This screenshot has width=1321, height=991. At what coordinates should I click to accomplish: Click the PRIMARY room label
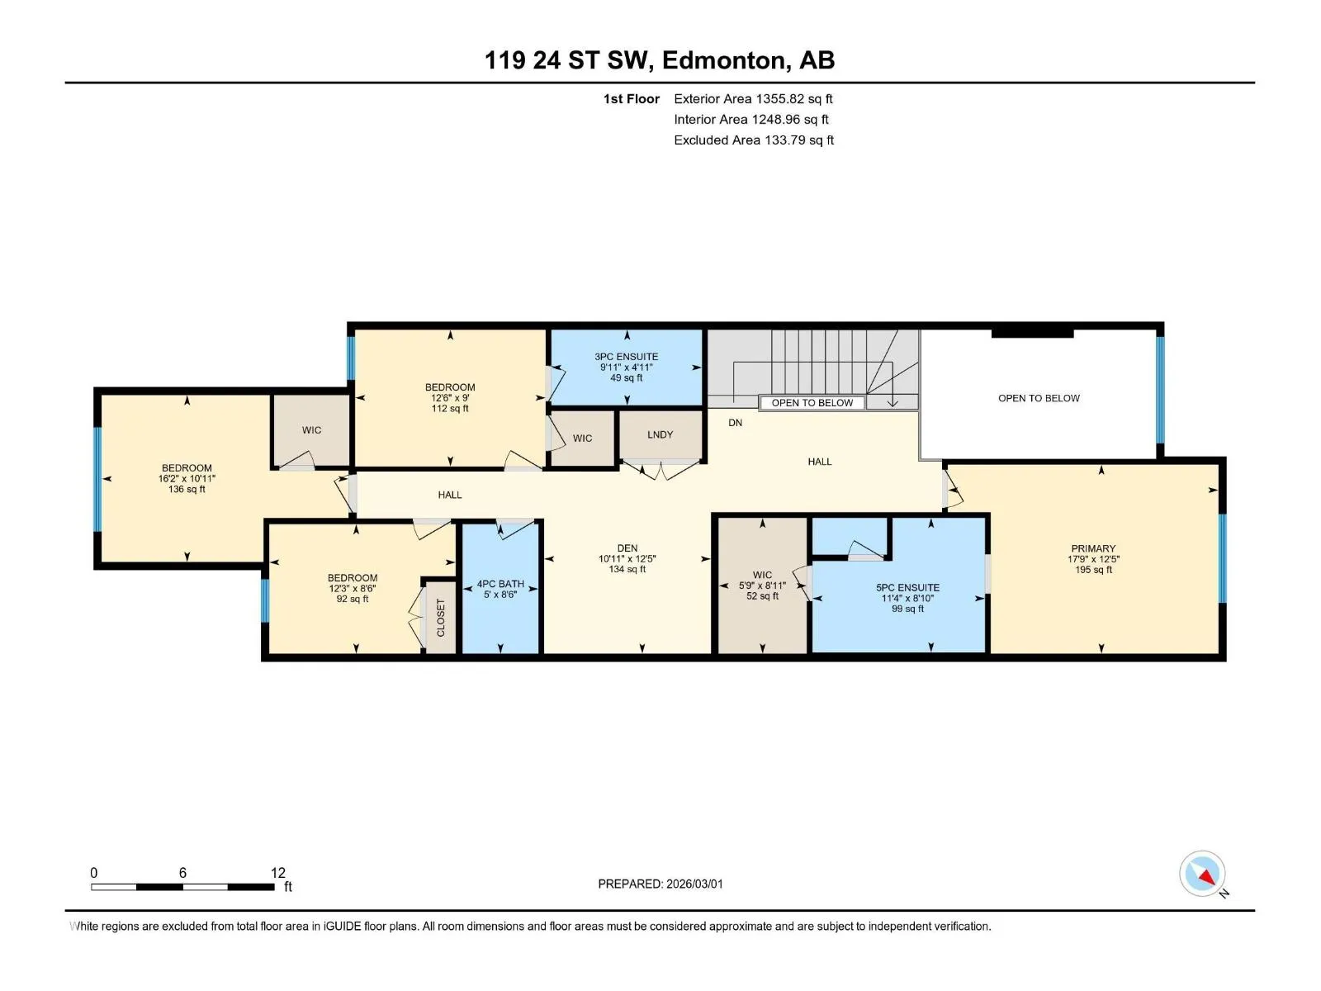(x=1093, y=548)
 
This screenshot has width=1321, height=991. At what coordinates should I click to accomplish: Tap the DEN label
(x=627, y=548)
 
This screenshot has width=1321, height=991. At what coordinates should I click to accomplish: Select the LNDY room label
(x=660, y=434)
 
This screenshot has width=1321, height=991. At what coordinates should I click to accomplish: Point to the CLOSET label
(x=441, y=618)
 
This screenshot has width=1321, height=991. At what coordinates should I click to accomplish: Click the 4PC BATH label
(x=500, y=584)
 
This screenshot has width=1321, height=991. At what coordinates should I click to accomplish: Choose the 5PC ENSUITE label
(x=907, y=587)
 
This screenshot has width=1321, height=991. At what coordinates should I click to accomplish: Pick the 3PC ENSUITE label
(x=626, y=356)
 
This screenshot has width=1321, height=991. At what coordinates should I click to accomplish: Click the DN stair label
(x=735, y=422)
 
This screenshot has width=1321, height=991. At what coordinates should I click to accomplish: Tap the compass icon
(x=1202, y=873)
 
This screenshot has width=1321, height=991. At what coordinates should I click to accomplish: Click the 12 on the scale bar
(x=277, y=872)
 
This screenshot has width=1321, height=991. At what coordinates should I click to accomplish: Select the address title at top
(x=660, y=60)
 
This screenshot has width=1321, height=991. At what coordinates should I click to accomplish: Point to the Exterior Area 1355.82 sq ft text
(x=753, y=98)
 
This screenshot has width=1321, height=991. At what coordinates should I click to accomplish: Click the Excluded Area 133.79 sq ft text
(x=754, y=140)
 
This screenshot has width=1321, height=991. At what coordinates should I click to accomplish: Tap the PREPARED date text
(x=660, y=884)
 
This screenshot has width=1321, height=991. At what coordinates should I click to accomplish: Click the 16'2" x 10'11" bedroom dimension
(x=187, y=478)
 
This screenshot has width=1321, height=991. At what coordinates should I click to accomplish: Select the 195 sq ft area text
(x=1093, y=569)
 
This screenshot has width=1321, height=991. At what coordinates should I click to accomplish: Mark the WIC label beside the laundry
(x=582, y=438)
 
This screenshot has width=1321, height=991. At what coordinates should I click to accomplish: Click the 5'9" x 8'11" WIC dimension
(x=762, y=585)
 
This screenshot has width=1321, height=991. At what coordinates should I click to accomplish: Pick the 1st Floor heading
(x=632, y=98)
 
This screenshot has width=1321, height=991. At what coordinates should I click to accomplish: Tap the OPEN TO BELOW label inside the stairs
(x=812, y=402)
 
